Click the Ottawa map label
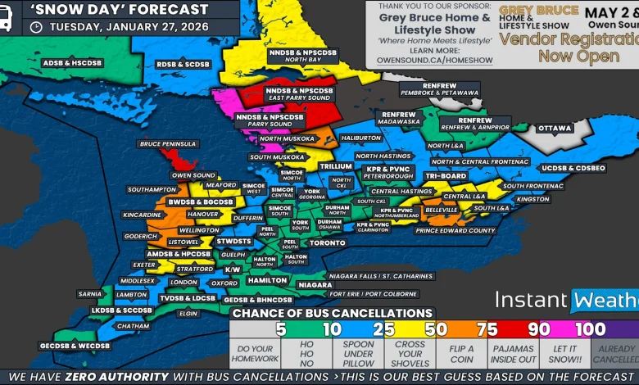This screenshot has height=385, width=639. coord(555,129)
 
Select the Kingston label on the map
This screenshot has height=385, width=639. coord(532,199)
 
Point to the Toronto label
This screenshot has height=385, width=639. coord(328,243)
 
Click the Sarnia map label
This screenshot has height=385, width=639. coord(88,293)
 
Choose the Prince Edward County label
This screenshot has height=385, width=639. coord(455,230)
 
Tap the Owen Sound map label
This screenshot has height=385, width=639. coord(193,175)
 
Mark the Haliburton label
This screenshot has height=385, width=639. coord(360,138)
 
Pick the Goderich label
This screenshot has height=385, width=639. coord(140,236)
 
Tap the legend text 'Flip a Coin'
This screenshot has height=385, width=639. coord(462,354)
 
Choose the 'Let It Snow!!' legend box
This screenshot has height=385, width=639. coord(564,354)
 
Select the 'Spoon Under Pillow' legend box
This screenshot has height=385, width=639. coord(358,354)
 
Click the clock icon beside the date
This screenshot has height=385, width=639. coord(36,27)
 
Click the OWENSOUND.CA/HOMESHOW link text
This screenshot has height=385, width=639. coord(434,60)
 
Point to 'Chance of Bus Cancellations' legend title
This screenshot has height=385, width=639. coord(332,313)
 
